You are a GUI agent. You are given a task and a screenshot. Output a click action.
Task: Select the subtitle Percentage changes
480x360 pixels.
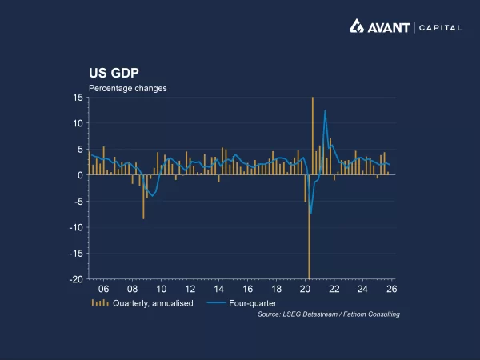pos(127,88)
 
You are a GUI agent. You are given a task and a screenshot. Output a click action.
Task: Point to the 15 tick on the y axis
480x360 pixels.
pos(78,98)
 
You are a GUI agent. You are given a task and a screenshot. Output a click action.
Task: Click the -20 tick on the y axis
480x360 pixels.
pos(76,279)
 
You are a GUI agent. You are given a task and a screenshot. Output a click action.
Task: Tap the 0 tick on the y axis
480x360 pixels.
pos(80,175)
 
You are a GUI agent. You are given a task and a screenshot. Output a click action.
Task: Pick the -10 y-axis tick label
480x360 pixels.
pos(76,227)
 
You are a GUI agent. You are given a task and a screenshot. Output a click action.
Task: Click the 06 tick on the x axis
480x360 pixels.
pos(103,289)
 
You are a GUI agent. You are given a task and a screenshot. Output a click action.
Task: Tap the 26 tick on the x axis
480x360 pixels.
pos(392,289)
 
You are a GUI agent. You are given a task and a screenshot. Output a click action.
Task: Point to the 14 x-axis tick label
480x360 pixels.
pos(218,289)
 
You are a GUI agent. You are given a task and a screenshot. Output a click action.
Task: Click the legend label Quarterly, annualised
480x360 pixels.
pos(153,303)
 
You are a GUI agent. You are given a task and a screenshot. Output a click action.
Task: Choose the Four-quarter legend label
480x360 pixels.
pos(252,303)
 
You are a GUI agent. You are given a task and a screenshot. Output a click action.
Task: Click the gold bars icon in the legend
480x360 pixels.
pos(100,303)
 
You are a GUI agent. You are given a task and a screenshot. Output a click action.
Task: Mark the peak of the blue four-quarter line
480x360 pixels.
pos(325,111)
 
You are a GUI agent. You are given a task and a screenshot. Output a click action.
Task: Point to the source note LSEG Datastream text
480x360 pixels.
pos(329,314)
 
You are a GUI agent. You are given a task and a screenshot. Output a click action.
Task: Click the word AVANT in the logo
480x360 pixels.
pos(390,27)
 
